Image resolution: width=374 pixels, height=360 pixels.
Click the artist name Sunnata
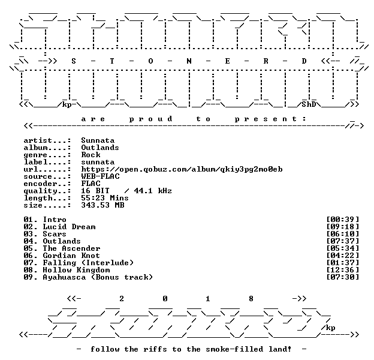98,140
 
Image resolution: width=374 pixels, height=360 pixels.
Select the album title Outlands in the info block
100,148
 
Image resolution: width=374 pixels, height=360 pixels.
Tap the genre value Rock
91,155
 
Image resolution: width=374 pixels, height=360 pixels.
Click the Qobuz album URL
182,169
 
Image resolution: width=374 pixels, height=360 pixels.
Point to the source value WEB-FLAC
100,176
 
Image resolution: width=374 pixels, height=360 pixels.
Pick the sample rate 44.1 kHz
153,191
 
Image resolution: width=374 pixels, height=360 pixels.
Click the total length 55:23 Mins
105,198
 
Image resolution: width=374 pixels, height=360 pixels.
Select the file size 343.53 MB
102,205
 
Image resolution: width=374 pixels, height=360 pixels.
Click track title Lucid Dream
69,227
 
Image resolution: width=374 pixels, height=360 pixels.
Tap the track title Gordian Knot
71,256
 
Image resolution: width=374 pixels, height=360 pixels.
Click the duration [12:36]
342,270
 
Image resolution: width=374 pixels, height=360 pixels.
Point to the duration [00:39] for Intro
342,220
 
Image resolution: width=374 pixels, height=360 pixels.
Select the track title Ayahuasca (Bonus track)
98,277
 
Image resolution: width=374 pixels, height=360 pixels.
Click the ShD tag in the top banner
309,104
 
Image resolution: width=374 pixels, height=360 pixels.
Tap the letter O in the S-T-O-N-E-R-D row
150,61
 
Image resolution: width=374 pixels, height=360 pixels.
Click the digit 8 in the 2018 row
251,299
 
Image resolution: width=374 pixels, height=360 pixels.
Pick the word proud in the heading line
151,119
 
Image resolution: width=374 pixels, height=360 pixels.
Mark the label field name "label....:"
47,162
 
